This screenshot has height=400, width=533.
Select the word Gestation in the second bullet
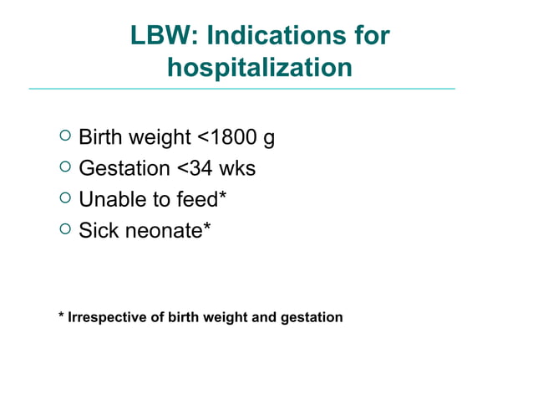124,168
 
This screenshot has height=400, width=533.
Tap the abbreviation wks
236,168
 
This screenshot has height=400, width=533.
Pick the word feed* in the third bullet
200,199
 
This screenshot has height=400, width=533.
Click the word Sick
99,230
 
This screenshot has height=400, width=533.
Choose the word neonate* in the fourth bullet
168,230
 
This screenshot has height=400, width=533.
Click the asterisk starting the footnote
61,316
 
